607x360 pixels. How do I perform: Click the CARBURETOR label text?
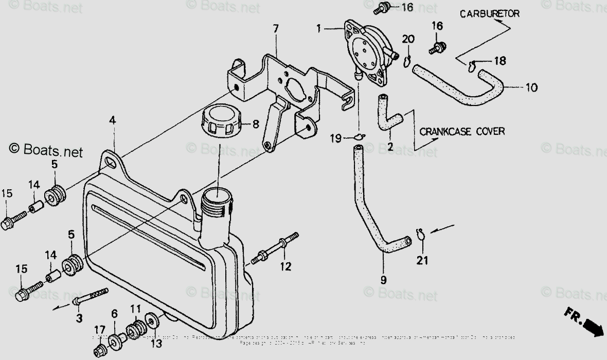(489, 14)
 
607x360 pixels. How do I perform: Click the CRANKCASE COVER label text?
(461, 131)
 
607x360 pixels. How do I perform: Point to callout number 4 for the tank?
(112, 120)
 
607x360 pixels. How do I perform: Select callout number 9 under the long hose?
(384, 280)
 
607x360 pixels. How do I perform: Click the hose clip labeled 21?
(420, 235)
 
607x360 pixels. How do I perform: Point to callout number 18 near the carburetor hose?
(500, 61)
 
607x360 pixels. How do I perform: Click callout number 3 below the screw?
(79, 319)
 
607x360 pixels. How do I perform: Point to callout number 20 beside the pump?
(408, 40)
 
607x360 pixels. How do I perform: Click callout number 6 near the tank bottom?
(114, 314)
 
